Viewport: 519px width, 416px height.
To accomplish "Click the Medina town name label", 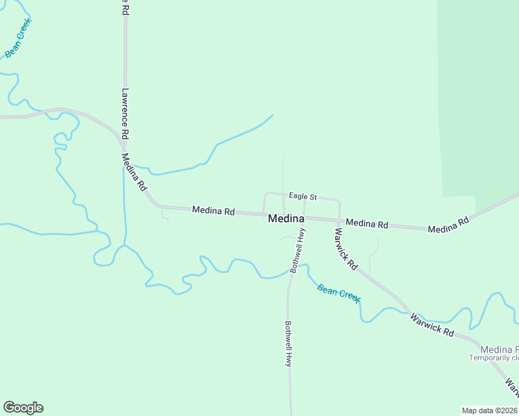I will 286,218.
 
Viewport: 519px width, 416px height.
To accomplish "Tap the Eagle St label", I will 303,197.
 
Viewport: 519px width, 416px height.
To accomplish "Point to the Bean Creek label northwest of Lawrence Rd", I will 18,39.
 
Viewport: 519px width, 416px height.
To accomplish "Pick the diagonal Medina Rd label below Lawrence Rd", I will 134,172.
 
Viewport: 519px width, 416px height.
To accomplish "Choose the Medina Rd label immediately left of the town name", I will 213,210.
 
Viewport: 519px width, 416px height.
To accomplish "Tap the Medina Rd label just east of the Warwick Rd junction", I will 366,223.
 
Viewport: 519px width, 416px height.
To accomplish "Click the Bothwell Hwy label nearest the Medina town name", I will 298,251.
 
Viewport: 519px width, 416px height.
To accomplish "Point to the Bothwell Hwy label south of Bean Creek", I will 288,343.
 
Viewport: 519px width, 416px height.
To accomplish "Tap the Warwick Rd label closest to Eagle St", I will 346,249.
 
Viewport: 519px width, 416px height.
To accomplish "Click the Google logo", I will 23,408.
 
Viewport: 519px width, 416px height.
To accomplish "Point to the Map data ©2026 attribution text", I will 490,410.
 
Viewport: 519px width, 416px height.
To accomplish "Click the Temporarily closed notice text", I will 494,358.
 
